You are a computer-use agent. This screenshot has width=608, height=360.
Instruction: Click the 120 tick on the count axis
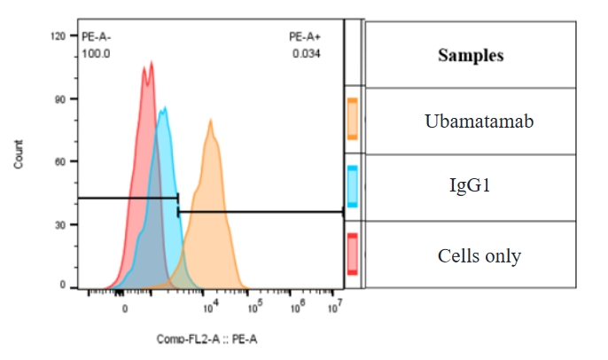tap(58, 36)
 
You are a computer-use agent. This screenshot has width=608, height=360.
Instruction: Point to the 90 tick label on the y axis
tap(60, 99)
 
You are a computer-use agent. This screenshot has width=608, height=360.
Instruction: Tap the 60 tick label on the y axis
tap(60, 161)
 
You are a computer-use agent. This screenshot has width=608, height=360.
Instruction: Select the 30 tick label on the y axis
tap(60, 224)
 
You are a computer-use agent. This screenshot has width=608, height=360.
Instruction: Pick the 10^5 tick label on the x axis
tap(254, 307)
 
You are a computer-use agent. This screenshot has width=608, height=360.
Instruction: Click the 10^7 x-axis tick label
tap(335, 307)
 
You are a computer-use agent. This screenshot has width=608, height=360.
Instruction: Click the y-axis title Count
tap(19, 160)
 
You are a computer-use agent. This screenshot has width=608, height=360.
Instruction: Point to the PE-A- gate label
tap(97, 37)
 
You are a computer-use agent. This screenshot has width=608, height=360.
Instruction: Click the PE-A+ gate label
tap(305, 37)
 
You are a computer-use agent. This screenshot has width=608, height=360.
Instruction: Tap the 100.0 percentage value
tap(96, 54)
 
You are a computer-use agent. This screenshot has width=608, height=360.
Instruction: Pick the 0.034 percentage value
tap(306, 54)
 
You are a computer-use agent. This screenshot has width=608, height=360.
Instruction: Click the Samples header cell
tap(471, 55)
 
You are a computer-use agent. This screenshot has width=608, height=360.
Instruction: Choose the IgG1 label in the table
tap(471, 187)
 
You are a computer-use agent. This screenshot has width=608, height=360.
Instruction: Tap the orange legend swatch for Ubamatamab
tap(352, 120)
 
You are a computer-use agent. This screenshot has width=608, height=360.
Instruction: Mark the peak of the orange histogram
tap(211, 120)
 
